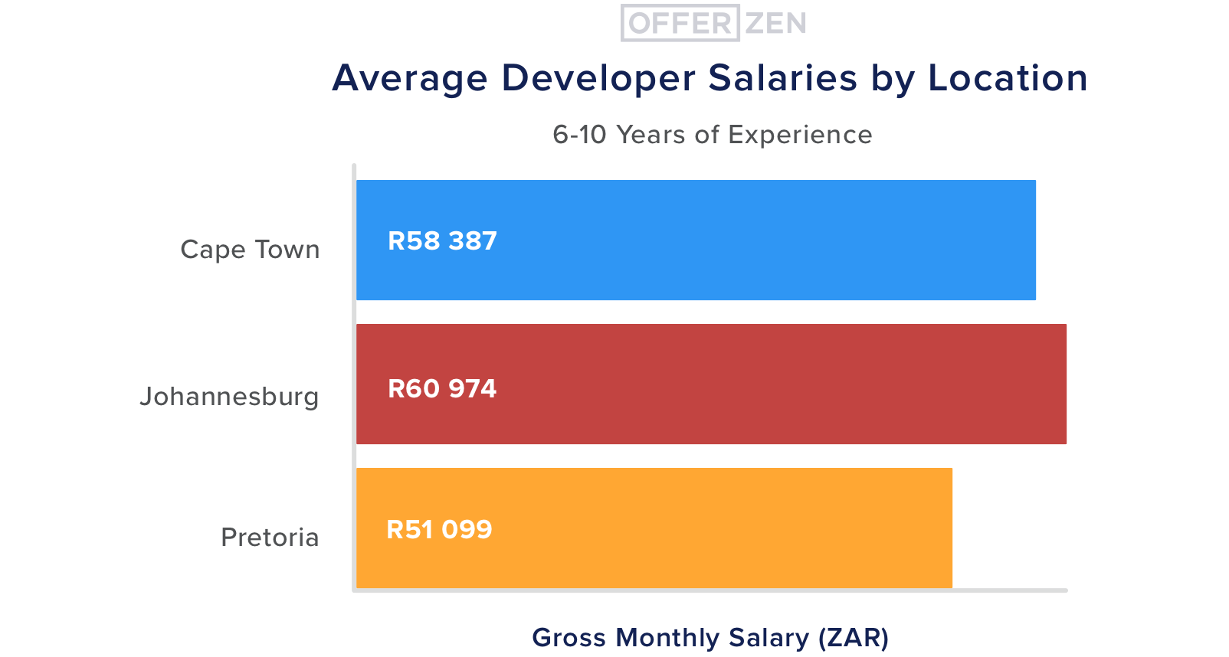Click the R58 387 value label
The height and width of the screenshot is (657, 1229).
pos(442,241)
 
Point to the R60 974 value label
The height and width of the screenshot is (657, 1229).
pos(442,389)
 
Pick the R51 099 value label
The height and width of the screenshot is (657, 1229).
pos(439,530)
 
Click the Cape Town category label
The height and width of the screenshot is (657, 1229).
pos(250,250)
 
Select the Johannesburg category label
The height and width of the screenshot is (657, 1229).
pos(229,397)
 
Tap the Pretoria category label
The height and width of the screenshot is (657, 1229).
pos(270,538)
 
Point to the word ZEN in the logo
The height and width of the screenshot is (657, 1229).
pos(775,24)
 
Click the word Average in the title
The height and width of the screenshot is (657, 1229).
pos(410,78)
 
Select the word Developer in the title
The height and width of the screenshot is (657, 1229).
pos(598,78)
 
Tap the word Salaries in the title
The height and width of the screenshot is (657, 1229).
pos(782,78)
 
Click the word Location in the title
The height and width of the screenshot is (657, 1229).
pos(1008,78)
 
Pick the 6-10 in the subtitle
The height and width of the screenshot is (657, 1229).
pos(579,135)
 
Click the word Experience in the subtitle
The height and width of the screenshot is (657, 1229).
pos(800,135)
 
